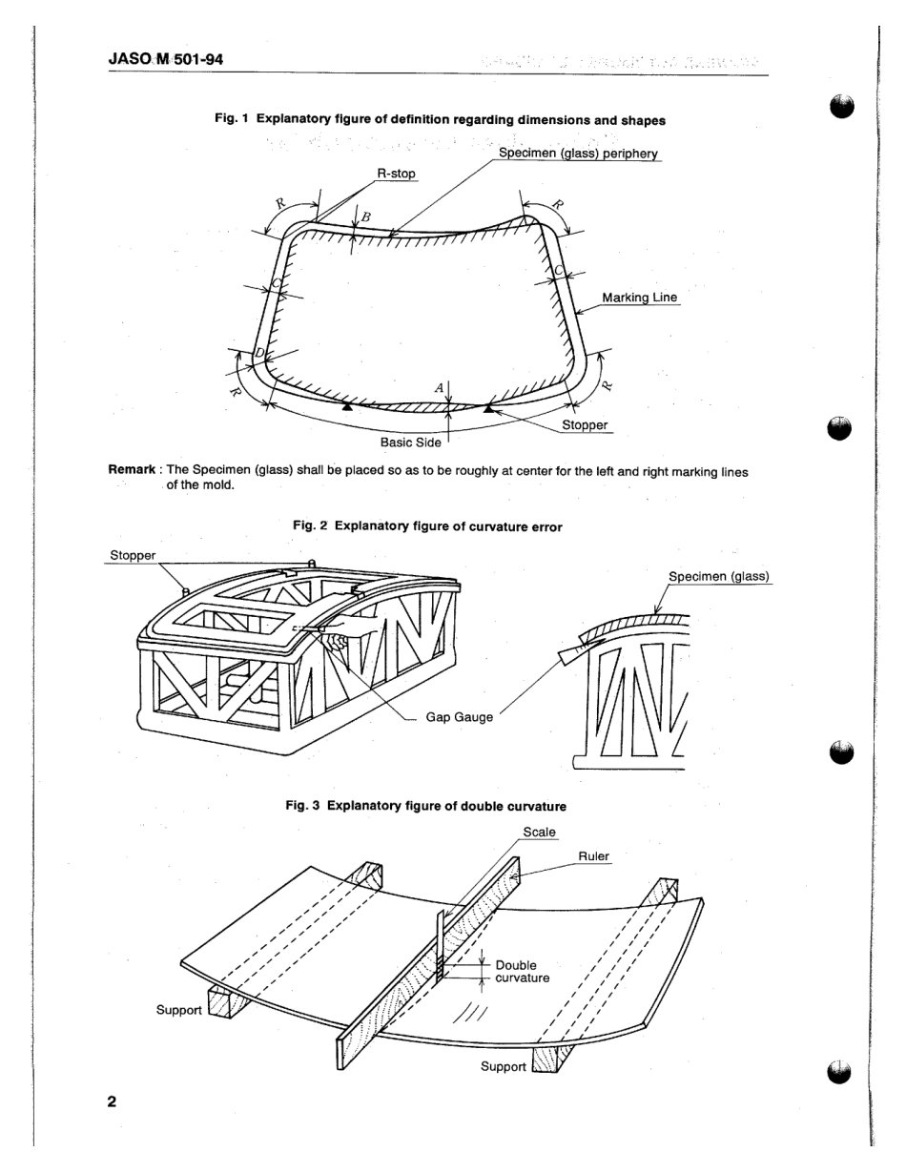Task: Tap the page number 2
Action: click(x=112, y=1101)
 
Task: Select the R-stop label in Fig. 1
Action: click(x=392, y=174)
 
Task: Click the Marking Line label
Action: click(x=640, y=298)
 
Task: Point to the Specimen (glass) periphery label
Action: click(x=578, y=154)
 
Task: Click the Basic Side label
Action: click(x=410, y=442)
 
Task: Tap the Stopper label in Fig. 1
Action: click(x=585, y=425)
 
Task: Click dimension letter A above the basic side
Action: click(x=439, y=388)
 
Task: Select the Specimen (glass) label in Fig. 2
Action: click(x=718, y=576)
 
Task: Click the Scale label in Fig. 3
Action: click(x=539, y=832)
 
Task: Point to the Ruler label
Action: click(x=593, y=856)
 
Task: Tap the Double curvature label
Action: click(x=522, y=971)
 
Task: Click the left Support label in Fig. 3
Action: click(x=179, y=1009)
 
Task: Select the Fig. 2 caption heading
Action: click(x=426, y=526)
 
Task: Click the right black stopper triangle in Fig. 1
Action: click(x=488, y=409)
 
